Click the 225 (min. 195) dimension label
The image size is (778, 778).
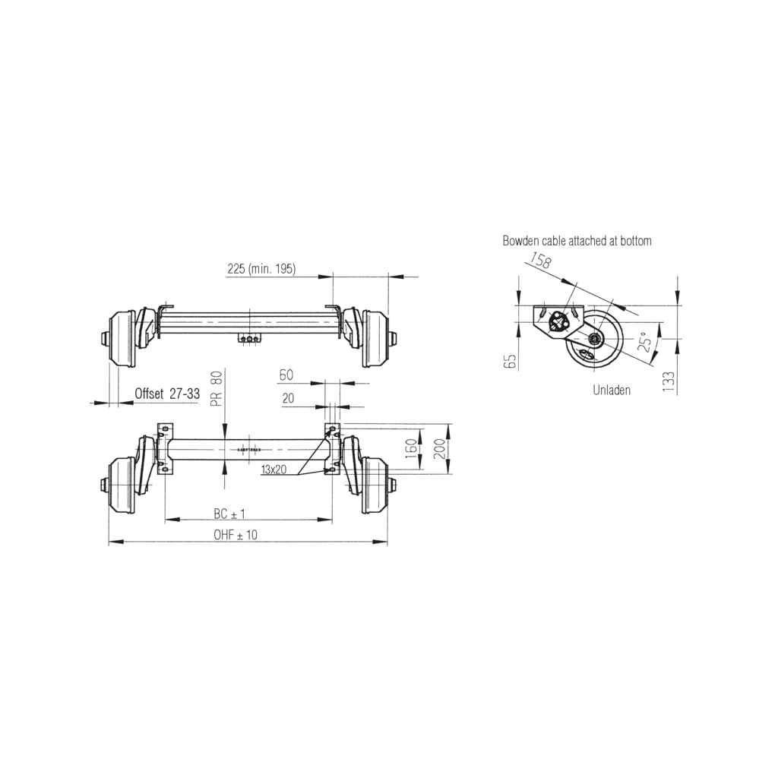pos(261,269)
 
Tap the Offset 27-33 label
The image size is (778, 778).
pos(167,394)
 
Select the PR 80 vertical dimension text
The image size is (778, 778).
pos(217,387)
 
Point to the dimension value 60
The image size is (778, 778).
pos(286,375)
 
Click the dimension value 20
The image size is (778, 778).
pos(288,397)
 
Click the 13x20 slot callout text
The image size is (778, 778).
pos(274,470)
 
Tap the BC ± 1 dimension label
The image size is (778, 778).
pos(229,514)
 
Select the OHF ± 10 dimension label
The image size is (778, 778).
pos(236,535)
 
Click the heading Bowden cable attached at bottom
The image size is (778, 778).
pos(577,241)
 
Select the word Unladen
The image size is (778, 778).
pos(612,390)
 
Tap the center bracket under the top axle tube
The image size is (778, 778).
pos(249,338)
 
